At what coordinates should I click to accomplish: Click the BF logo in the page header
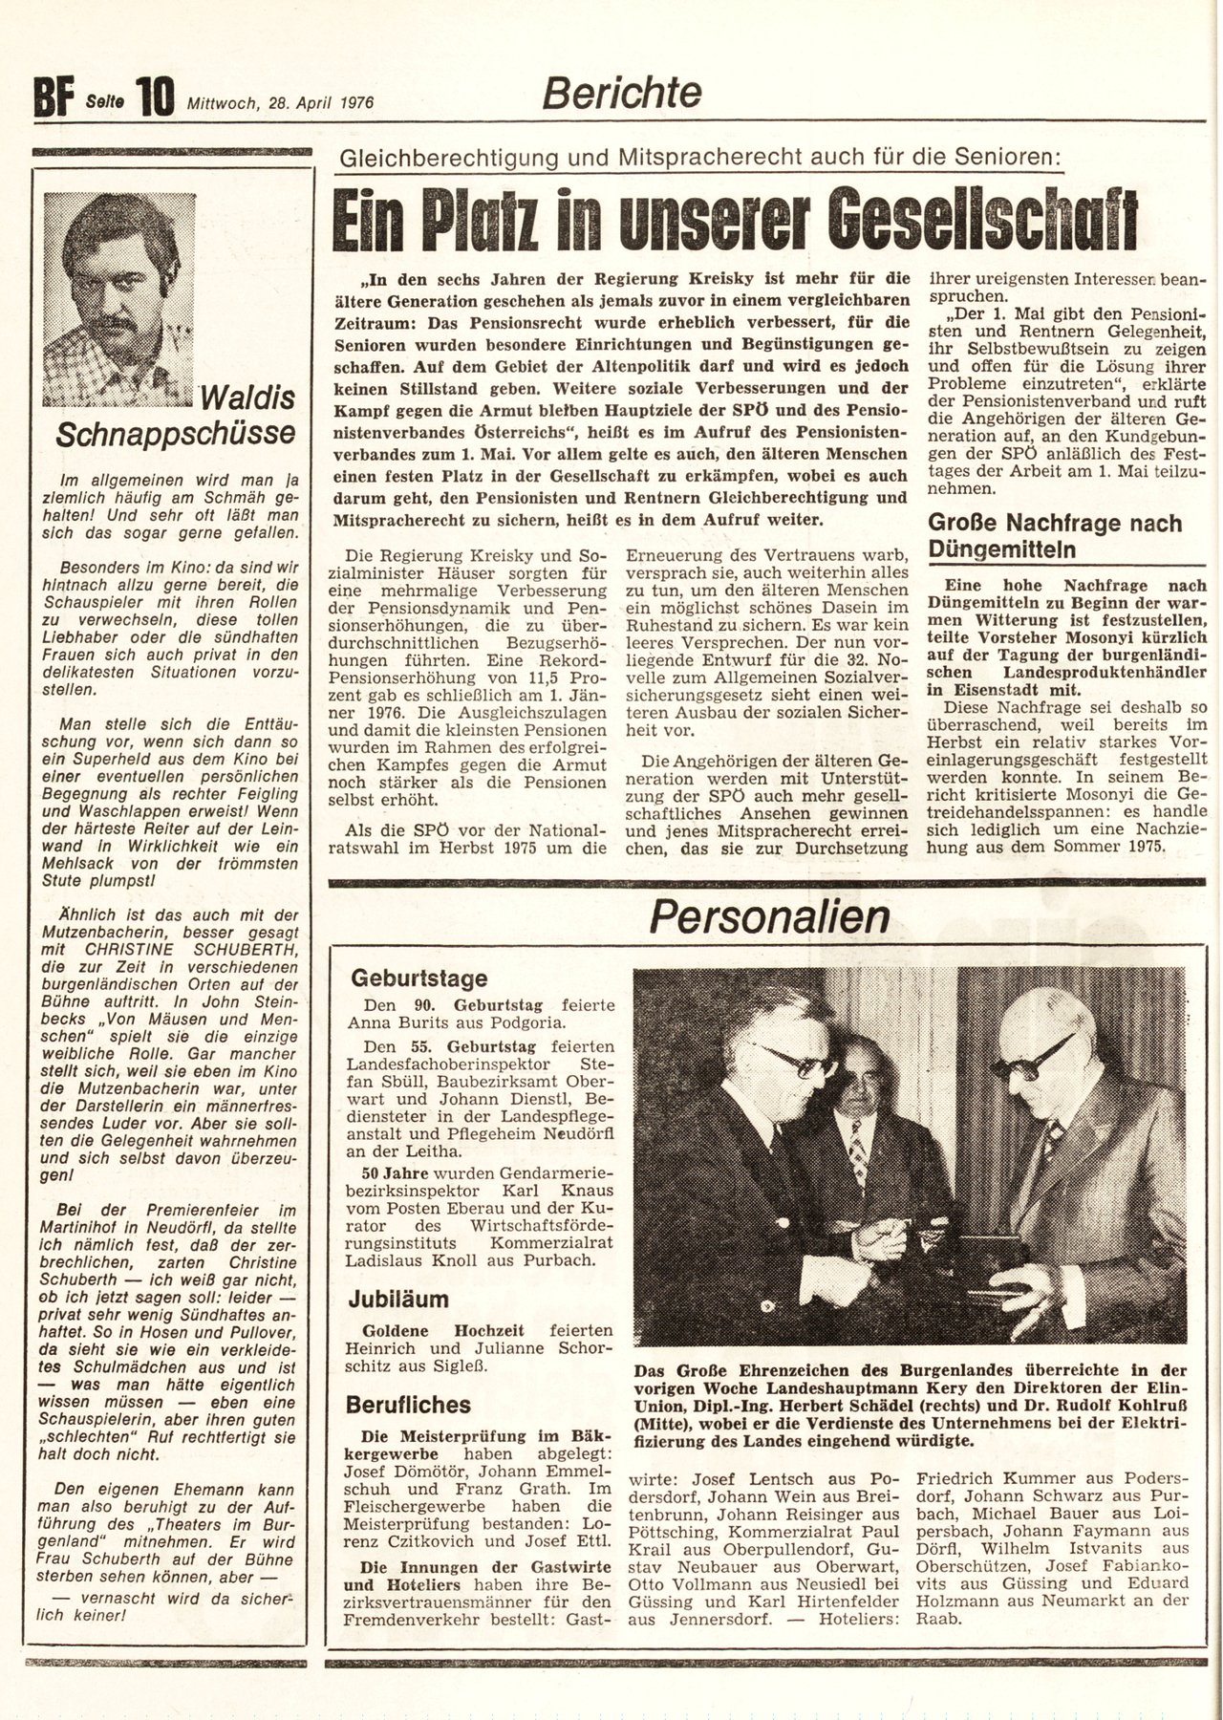[54, 97]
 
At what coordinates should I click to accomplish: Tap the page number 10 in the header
[155, 97]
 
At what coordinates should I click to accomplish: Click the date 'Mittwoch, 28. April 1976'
[280, 102]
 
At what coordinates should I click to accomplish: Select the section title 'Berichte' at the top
[622, 93]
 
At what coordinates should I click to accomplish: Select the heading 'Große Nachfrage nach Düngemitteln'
[1055, 536]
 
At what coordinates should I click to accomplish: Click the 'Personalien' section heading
[769, 917]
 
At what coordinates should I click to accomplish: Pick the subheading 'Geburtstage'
[419, 978]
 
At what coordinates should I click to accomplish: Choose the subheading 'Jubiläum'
[399, 1299]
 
